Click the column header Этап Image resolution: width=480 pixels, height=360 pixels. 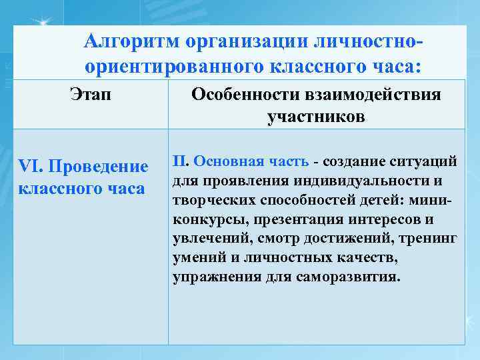coord(90,95)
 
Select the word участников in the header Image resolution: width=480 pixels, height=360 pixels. coord(316,117)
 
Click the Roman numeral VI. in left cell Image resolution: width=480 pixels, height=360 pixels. coord(31,165)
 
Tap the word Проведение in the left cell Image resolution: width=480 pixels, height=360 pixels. coord(98,165)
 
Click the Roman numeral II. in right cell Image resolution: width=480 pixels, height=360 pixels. coord(181,161)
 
